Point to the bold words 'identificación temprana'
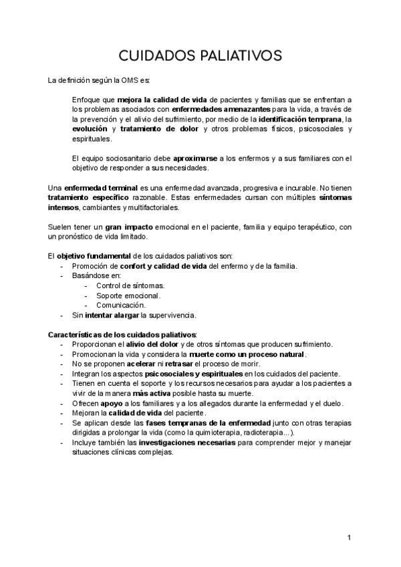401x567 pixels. click(296, 119)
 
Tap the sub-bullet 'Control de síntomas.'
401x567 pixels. click(126, 286)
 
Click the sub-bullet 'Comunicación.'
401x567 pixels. click(121, 306)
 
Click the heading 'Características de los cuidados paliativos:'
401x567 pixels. click(123, 334)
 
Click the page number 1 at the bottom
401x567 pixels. click(349, 538)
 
